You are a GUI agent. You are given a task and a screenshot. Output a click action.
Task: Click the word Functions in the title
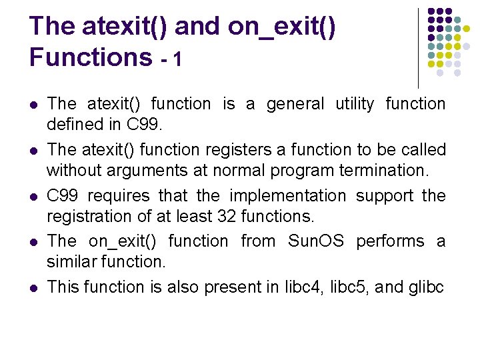(91, 57)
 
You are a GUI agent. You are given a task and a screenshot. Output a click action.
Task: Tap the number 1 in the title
(177, 59)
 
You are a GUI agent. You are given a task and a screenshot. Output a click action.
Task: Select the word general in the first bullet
(295, 104)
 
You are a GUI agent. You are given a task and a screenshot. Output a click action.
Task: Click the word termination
(381, 171)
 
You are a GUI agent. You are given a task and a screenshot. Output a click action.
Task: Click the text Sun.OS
(315, 241)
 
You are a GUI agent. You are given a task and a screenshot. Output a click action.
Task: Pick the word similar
(68, 261)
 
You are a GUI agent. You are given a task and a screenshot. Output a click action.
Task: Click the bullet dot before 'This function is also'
(33, 287)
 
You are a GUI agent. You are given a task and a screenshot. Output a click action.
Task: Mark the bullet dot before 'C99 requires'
(33, 197)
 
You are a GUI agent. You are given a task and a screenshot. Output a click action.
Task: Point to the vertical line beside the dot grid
(418, 47)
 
